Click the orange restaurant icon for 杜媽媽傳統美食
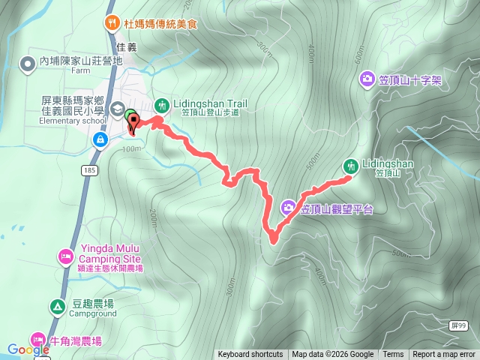coord(112,22)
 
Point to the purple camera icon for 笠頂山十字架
coord(367,78)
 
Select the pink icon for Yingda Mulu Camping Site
coord(66,258)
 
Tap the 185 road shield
coord(91,172)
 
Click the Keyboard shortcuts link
coord(250,355)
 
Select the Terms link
coord(393,355)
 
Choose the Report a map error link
coord(444,355)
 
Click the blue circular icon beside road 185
coord(100,139)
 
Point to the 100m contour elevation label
coord(130,148)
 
